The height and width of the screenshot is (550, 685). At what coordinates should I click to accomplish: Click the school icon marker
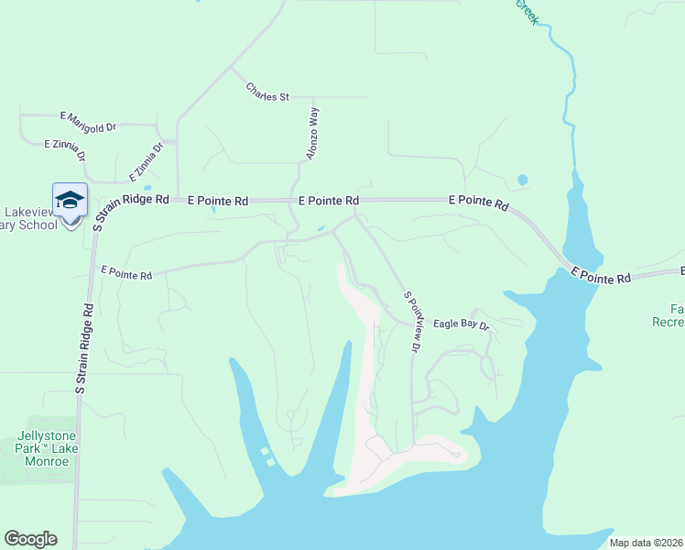click(x=71, y=200)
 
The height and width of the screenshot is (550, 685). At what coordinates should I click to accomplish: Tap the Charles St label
click(x=267, y=92)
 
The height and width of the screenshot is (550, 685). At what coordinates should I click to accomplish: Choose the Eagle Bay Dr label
click(x=462, y=324)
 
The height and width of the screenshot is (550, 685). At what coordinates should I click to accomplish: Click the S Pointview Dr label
click(x=412, y=322)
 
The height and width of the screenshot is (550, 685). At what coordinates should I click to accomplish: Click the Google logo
click(x=30, y=539)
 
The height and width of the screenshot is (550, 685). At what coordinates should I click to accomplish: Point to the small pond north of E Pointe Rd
click(x=522, y=180)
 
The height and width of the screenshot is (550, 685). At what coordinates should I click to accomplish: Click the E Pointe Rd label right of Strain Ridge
click(x=218, y=200)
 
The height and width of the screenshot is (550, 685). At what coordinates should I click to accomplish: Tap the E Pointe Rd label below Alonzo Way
click(x=328, y=200)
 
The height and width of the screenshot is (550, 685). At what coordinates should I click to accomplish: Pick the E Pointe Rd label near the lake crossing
click(x=601, y=275)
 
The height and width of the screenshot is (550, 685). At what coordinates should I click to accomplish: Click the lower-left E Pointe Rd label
click(x=126, y=272)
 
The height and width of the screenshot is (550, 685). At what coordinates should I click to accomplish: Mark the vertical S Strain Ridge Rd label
click(x=85, y=349)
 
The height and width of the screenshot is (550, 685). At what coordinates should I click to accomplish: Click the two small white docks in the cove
click(x=267, y=456)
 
